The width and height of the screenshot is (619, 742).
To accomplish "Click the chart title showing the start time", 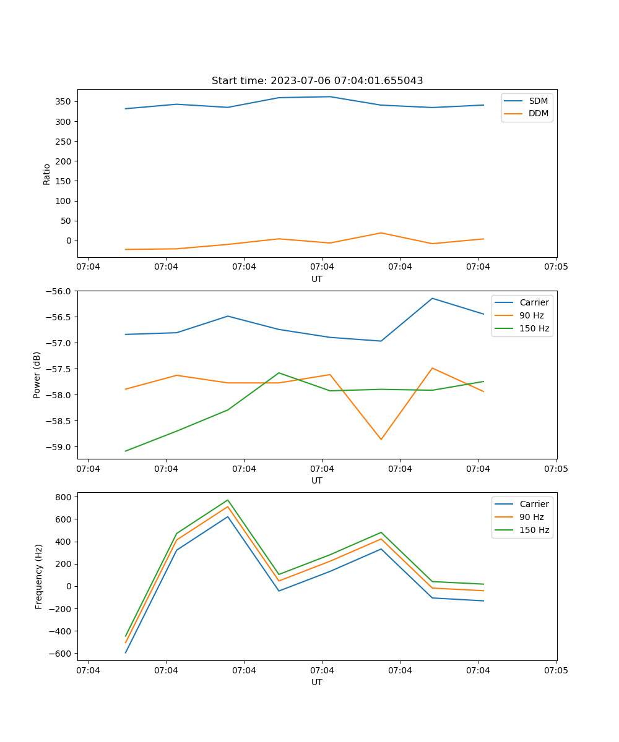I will pos(317,81).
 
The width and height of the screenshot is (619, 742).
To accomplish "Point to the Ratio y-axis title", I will pos(46,174).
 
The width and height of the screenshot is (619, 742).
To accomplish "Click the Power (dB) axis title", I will pos(37,375).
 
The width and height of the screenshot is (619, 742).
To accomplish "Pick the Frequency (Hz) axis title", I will pos(38,576).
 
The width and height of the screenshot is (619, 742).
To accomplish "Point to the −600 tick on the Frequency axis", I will pos(63,654).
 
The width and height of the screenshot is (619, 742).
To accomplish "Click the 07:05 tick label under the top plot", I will pos(556,267).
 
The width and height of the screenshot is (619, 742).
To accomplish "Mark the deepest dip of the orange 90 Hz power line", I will pos(381,440).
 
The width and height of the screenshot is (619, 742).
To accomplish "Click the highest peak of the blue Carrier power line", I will pos(432,299).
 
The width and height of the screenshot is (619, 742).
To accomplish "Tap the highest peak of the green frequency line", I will pos(228,500).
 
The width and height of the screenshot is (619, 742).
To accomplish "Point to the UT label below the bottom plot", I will pos(317,682).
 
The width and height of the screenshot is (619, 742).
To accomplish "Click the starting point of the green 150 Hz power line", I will pos(126,451).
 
